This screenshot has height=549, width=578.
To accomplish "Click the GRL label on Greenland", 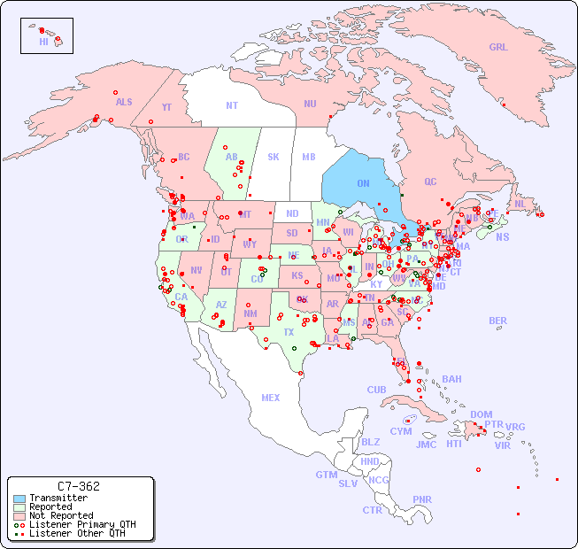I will [498, 48].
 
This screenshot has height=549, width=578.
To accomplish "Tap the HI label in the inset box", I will [43, 42].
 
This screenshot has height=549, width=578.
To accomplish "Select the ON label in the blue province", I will [363, 183].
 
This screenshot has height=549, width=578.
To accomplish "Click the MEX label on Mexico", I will [271, 398].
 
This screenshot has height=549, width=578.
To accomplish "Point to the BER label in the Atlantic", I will [498, 321].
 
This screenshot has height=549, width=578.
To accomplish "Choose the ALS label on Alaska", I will [124, 102].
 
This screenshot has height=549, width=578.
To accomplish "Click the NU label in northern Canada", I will [310, 104].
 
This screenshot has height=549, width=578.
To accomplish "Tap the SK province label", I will [274, 157].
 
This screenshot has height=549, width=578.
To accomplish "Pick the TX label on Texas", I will [289, 332].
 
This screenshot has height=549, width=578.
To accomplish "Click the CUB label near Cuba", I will [377, 390].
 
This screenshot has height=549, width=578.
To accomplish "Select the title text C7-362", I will [78, 486].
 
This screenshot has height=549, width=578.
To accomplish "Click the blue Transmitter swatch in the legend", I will [19, 499].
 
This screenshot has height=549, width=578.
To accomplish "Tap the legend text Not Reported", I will [61, 515].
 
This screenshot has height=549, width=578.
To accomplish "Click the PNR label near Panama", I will [422, 499].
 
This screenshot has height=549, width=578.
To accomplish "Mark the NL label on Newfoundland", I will [520, 203].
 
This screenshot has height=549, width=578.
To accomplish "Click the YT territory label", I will [166, 107].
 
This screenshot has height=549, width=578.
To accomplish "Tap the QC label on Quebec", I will [430, 182].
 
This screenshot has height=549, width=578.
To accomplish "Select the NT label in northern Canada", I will [232, 105].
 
